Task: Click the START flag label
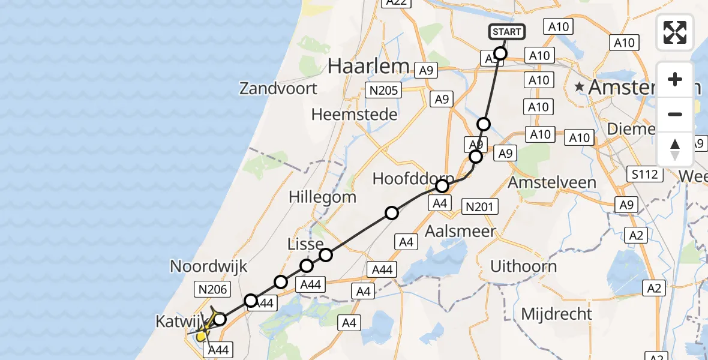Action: coord(508,32)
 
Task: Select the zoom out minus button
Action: coord(675,114)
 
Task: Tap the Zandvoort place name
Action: coord(278,89)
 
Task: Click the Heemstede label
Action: coord(355,114)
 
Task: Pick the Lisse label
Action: coord(306,243)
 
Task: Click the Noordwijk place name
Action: coord(209,266)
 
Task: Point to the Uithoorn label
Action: coord(523,266)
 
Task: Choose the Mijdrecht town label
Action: coord(556,313)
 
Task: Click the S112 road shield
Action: coord(646,175)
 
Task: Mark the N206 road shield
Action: coord(212,290)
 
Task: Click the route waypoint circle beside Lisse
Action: coord(326,255)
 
